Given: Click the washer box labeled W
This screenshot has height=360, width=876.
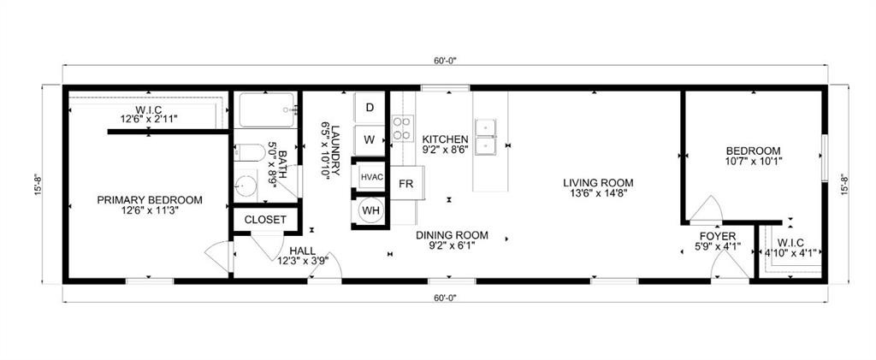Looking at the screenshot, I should [370, 139].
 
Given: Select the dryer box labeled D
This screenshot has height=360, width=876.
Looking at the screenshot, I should [370, 108].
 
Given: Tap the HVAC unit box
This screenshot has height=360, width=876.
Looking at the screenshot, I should [370, 176].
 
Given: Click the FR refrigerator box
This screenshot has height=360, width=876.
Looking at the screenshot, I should [406, 184].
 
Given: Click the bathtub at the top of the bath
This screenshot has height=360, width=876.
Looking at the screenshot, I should [266, 110].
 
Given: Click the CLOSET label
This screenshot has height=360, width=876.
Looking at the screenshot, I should [265, 220].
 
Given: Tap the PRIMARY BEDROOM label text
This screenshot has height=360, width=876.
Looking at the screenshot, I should [150, 200].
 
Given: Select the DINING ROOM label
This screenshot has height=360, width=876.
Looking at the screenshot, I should [452, 235].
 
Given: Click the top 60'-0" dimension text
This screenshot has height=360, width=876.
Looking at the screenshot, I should [446, 61].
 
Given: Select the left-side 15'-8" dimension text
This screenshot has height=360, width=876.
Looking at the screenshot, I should [38, 185].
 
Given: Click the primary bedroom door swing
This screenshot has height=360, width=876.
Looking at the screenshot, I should [217, 253].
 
